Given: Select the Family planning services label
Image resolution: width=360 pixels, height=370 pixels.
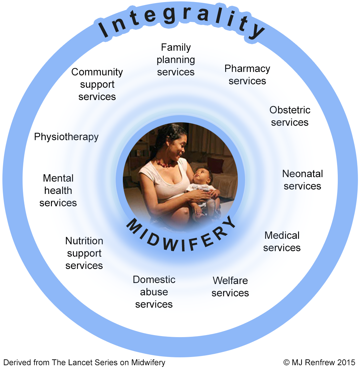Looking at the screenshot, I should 176,60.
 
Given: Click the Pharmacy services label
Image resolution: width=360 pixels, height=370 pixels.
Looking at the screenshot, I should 247,75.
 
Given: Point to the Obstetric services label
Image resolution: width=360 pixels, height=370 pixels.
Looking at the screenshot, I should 290,116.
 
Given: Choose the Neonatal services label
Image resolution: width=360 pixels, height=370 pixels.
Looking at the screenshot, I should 303,180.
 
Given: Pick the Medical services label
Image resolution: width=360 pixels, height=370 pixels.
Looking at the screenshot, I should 282,242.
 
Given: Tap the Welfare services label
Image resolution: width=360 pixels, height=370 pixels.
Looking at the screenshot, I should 230,287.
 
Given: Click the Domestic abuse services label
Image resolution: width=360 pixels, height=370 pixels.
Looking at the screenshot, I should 154,292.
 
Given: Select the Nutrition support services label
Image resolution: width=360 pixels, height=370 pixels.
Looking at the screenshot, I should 84,253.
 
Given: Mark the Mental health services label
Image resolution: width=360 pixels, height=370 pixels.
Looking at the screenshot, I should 58,190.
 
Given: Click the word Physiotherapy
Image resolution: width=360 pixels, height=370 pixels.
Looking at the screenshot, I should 66,137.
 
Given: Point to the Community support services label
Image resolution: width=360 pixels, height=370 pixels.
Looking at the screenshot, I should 97,84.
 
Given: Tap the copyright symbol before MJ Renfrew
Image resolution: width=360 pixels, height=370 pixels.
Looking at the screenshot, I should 286,362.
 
